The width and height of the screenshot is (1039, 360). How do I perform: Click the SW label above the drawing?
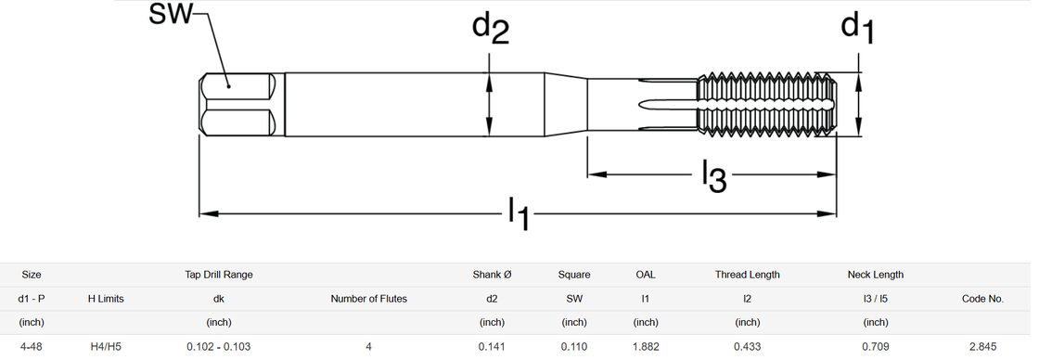(170, 14)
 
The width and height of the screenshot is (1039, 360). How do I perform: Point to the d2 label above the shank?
(491, 30)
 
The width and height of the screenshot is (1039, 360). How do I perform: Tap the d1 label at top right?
(857, 29)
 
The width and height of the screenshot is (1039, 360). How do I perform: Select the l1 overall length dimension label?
(519, 213)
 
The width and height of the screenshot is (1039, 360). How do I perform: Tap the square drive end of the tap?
(238, 105)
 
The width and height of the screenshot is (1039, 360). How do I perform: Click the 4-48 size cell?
(32, 346)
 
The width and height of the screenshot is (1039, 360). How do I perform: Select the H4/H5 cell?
(106, 346)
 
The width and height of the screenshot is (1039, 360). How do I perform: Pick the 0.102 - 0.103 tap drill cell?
(219, 346)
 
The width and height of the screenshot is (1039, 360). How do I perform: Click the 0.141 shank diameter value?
(492, 346)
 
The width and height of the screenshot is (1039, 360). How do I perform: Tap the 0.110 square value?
(574, 346)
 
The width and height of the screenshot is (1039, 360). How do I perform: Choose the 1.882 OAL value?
(646, 346)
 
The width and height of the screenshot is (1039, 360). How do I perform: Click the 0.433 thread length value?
(747, 346)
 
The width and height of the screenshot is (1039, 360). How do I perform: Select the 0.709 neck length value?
(876, 346)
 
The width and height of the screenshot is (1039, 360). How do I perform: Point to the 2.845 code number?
(982, 346)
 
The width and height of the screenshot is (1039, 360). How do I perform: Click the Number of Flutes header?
(368, 299)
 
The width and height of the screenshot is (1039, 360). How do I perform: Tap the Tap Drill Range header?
(219, 275)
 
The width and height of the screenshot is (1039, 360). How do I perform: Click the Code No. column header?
(982, 299)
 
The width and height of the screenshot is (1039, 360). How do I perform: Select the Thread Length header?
(747, 275)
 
